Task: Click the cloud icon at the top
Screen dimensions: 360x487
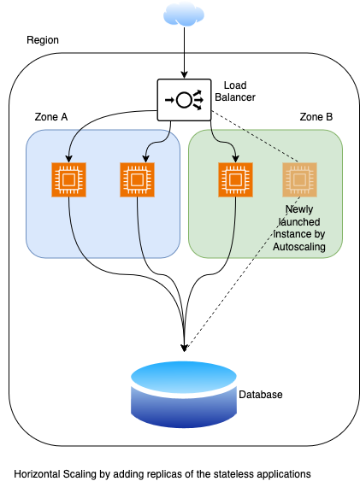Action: pos(184,15)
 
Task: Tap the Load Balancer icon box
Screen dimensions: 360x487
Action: pos(184,100)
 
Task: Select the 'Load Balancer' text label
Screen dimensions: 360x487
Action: pos(235,91)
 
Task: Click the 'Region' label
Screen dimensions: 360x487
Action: pos(43,40)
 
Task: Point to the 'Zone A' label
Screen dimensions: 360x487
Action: pos(51,117)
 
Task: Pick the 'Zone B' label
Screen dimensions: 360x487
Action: pos(316,117)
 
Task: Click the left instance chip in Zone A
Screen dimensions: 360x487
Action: pos(68,179)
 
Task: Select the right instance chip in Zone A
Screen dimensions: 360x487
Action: pos(137,179)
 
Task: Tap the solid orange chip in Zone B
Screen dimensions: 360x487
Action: pos(235,179)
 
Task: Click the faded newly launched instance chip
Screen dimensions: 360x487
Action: pos(299,179)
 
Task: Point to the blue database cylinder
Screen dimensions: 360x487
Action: pos(184,395)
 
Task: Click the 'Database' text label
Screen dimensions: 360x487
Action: pos(261,395)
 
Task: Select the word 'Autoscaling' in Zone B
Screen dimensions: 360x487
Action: pos(299,247)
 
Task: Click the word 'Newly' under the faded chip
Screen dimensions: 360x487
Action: pos(299,209)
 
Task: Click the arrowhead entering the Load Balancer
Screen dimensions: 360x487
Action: pos(184,75)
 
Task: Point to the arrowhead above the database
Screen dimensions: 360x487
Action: pos(184,348)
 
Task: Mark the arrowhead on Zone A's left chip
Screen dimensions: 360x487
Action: pos(68,158)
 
